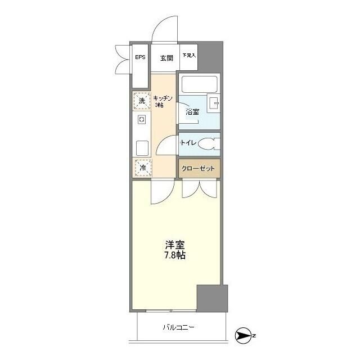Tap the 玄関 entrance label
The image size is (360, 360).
(x=166, y=58)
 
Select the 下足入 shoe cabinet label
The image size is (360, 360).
(x=189, y=56)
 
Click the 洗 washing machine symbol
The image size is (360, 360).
(x=142, y=101)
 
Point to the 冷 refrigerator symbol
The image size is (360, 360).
(x=142, y=168)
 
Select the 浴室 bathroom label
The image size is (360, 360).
(x=192, y=111)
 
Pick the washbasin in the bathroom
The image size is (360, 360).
(x=214, y=103)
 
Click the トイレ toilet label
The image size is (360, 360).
(x=188, y=143)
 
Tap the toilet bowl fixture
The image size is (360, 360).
(x=209, y=144)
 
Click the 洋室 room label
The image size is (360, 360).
(x=175, y=245)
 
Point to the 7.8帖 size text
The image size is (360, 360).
(x=175, y=256)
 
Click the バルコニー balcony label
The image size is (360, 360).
(x=179, y=327)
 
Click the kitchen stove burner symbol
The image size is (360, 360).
(x=142, y=119)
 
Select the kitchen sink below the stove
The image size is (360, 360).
(x=142, y=148)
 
